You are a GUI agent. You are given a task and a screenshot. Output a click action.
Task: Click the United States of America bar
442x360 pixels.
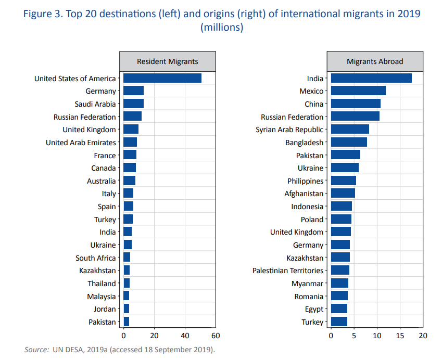click(162, 79)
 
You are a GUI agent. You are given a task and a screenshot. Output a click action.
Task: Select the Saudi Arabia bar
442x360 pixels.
click(133, 104)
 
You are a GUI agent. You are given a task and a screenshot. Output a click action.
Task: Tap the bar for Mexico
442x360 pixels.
click(358, 91)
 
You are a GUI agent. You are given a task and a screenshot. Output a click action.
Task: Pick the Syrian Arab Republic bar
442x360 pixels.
click(350, 130)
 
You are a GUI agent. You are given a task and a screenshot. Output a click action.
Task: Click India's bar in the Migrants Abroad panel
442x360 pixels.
click(371, 79)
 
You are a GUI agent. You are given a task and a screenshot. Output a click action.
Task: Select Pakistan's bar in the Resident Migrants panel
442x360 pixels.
click(126, 322)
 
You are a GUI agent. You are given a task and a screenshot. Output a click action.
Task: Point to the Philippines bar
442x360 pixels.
click(344, 181)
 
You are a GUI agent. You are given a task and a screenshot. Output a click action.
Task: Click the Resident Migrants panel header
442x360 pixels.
click(168, 61)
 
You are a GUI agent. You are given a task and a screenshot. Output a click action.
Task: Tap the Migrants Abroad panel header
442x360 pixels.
click(375, 61)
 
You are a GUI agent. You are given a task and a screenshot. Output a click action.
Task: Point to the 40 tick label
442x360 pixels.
click(185, 336)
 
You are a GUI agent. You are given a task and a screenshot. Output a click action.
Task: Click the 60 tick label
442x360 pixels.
click(216, 336)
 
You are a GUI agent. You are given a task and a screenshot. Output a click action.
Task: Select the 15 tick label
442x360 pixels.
click(400, 336)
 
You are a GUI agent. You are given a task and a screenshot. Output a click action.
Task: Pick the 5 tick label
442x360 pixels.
click(354, 336)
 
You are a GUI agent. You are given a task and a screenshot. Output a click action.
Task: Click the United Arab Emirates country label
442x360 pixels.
click(81, 143)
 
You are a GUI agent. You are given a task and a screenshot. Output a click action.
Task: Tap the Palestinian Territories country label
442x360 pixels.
click(287, 271)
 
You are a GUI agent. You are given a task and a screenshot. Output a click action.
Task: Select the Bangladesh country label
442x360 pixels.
click(304, 143)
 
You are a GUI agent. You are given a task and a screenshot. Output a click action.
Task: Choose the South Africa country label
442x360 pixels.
click(96, 258)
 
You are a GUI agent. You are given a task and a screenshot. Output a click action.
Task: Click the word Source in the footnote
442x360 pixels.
click(36, 349)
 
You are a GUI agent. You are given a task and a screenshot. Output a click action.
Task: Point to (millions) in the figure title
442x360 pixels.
click(222, 28)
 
